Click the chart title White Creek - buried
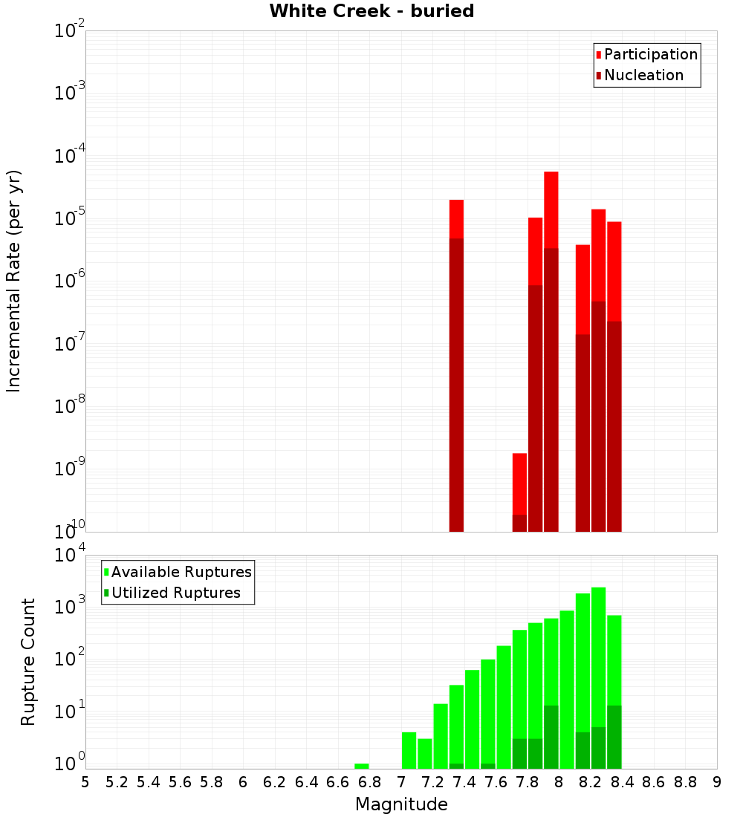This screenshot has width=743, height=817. point(371,11)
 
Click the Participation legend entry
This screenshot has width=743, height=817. point(650,54)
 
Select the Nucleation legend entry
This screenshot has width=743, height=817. point(643,75)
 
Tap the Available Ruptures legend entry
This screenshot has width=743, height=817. point(181,572)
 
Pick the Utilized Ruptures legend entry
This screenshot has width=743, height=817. point(175,593)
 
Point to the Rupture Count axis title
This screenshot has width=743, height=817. point(28,662)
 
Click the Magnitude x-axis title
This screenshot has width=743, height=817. point(401,804)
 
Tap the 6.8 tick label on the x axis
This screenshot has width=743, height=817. point(369,782)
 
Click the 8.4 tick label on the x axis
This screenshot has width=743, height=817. point(622,782)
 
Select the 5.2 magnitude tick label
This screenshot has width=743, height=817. point(117,782)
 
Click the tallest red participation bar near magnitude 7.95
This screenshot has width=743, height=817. point(551,208)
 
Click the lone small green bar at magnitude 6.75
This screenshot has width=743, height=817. point(362,766)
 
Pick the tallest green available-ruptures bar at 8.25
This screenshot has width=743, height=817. point(598,654)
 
